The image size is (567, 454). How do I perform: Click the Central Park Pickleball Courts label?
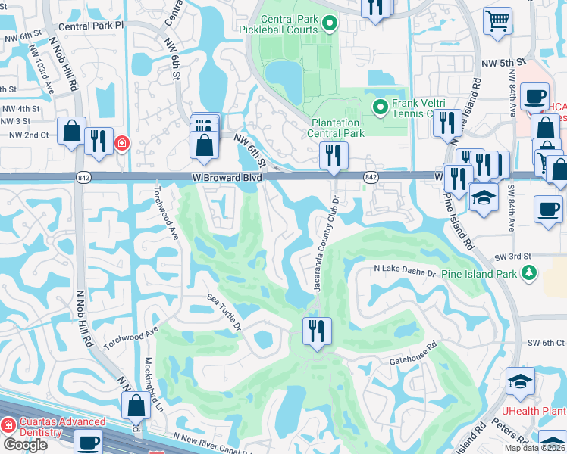point(288,24)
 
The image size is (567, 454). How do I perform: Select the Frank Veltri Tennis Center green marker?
point(381,108)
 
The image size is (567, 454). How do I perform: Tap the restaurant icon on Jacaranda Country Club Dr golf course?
point(316,331)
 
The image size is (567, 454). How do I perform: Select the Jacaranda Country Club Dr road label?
point(320,244)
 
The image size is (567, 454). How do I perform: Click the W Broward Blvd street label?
point(227,177)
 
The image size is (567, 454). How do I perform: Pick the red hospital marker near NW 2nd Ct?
point(121,143)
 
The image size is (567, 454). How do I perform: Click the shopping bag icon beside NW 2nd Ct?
point(71,132)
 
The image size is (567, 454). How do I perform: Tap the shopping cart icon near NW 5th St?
point(497,22)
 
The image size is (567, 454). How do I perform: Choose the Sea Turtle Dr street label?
point(224,314)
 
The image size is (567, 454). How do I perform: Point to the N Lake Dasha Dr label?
point(405,270)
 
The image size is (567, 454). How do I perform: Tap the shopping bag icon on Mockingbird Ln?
point(136,406)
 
